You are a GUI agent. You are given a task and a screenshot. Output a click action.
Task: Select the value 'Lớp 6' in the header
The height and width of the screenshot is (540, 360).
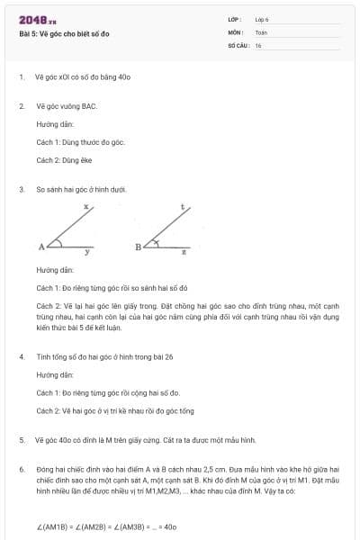[262, 19]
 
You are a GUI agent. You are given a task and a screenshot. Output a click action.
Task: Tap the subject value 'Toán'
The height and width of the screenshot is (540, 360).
[261, 31]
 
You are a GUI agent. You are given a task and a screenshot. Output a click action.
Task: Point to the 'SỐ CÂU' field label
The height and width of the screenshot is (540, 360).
[238, 45]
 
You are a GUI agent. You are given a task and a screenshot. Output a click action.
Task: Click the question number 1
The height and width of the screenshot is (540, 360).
[21, 77]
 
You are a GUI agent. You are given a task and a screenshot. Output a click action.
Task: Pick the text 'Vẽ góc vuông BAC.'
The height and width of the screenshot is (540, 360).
[66, 106]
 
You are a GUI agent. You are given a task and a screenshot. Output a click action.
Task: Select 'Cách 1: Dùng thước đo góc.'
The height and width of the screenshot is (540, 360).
[80, 142]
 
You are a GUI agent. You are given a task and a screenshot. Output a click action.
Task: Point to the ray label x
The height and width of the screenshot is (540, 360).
[85, 207]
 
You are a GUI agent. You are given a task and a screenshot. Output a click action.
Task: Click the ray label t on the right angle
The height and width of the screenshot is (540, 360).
[183, 207]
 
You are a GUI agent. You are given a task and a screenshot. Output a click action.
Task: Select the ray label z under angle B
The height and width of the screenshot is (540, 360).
[184, 253]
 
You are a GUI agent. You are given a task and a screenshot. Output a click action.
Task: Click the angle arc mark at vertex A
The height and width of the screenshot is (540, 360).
[56, 242]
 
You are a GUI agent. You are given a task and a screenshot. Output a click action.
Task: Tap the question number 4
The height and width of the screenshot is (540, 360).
[21, 356]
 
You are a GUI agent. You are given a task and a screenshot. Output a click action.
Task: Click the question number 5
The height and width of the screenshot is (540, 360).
[21, 440]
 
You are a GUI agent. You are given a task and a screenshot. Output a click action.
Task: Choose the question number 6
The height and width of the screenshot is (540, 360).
[21, 469]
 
